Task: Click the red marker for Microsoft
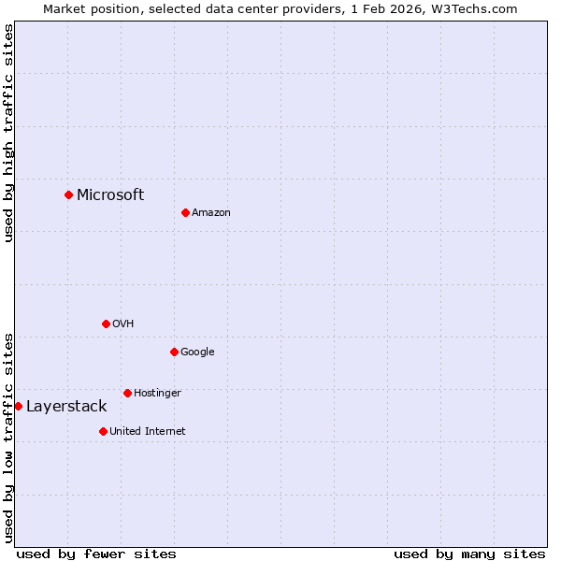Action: tap(68, 194)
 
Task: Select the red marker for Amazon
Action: tap(185, 212)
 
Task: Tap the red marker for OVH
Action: tap(106, 324)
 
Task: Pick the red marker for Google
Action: tap(174, 352)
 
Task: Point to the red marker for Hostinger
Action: tap(127, 393)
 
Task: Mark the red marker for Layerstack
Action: tap(18, 406)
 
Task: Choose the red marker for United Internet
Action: tap(103, 431)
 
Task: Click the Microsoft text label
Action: tap(110, 194)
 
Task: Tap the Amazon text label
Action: tap(211, 213)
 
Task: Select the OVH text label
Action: tap(123, 324)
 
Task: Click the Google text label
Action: tap(197, 352)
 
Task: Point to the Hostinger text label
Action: tap(157, 394)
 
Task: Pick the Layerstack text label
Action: tap(66, 406)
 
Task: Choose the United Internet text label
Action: tap(148, 432)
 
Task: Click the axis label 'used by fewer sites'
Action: tap(96, 554)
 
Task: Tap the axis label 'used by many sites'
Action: tap(469, 554)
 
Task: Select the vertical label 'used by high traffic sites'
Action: tap(8, 133)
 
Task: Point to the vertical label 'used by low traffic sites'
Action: tap(8, 437)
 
